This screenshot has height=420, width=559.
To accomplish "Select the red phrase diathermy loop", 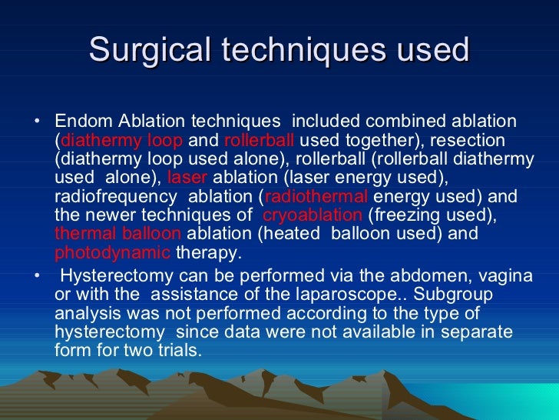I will pyautogui.click(x=121, y=141).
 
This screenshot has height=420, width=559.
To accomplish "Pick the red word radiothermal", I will pyautogui.click(x=316, y=196).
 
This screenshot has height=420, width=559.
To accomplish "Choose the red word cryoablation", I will pyautogui.click(x=312, y=215).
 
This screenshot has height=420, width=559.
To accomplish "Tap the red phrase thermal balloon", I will pyautogui.click(x=117, y=233).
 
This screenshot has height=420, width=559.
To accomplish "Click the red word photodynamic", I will pyautogui.click(x=112, y=252).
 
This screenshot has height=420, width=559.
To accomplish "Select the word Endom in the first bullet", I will pyautogui.click(x=81, y=122).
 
